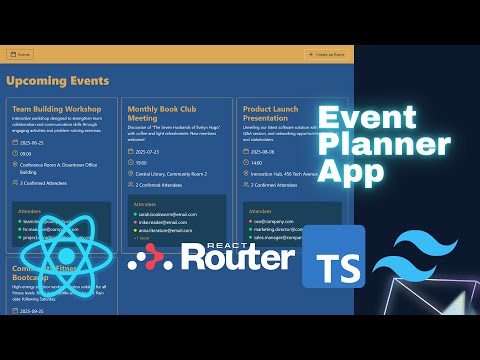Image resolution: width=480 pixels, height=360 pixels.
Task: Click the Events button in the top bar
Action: pos(20,54)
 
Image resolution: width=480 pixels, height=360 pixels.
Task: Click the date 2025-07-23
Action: pos(147,151)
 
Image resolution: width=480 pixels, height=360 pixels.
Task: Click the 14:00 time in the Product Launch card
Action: pos(257,162)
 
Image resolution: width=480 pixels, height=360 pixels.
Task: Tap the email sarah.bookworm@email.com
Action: pos(165,214)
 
